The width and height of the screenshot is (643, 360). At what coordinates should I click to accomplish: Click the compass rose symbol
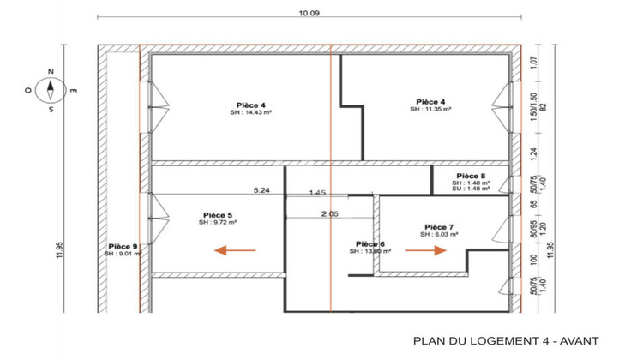[x=51, y=88]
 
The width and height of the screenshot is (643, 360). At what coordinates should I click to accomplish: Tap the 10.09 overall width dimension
[x=309, y=12]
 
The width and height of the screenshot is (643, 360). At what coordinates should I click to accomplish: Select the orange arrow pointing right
[x=426, y=250]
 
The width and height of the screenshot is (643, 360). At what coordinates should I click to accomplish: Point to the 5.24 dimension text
[x=262, y=190]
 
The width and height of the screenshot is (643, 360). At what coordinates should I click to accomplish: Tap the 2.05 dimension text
[x=329, y=213]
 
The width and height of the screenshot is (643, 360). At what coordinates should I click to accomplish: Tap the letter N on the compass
[x=51, y=71]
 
